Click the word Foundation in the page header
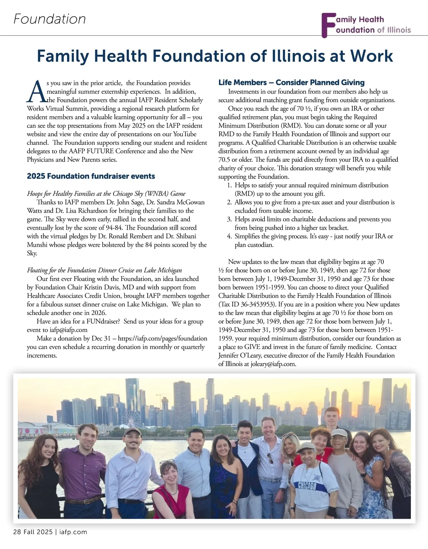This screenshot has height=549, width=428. pos(50,19)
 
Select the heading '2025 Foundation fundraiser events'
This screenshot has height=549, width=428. pos(91,176)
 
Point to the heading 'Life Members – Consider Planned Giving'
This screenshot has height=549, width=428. pos(291,83)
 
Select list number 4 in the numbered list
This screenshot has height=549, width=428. pos(230,236)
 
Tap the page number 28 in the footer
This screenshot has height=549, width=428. pos(17,532)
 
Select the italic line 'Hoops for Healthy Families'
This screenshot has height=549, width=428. pos(106,194)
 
